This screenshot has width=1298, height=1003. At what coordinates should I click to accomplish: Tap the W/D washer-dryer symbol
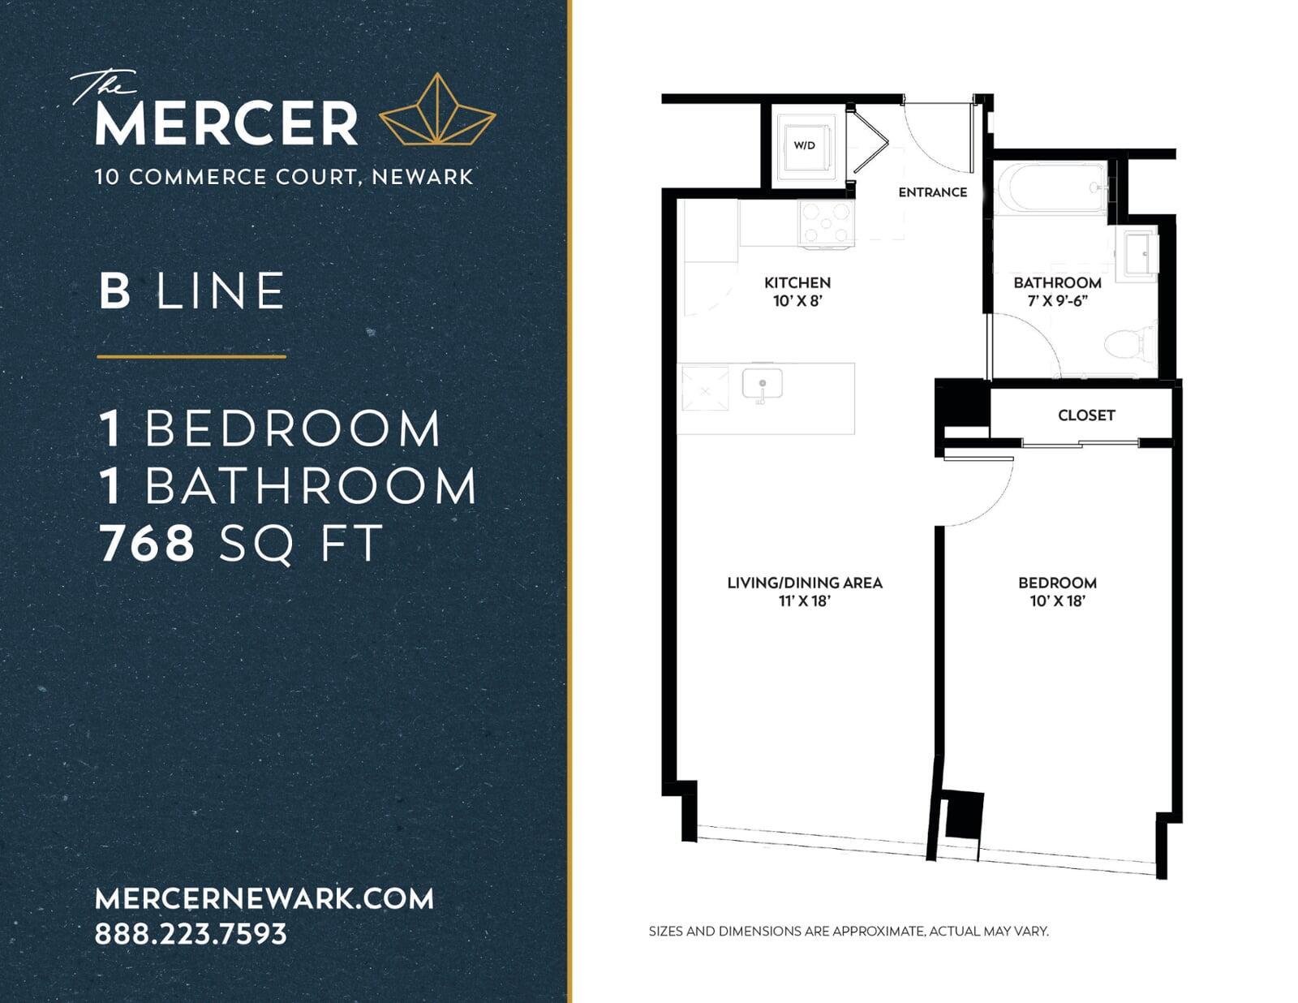[804, 145]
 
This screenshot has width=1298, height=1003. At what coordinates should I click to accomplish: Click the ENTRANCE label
[932, 192]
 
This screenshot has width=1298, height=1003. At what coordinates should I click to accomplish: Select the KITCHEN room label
[797, 282]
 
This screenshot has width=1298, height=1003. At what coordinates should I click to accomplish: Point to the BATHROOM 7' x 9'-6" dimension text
[1057, 301]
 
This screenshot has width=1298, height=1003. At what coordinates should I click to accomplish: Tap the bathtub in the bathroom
[1052, 189]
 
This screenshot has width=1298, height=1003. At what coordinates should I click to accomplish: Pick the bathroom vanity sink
[1141, 254]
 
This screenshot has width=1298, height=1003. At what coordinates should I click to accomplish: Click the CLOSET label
[1086, 415]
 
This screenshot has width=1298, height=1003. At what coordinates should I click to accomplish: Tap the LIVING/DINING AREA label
[805, 583]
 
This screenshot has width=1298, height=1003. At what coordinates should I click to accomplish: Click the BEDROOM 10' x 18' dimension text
[1057, 601]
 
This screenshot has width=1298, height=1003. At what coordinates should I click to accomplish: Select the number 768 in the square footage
[147, 543]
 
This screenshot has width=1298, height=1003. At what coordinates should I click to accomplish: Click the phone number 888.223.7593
[191, 933]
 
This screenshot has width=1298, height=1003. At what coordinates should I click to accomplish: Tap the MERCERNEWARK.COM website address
[264, 898]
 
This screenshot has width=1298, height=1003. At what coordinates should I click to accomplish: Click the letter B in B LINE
[114, 291]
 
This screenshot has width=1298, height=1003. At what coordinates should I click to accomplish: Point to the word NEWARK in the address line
[423, 177]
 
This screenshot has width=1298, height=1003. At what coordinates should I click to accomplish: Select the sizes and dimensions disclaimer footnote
[849, 931]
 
